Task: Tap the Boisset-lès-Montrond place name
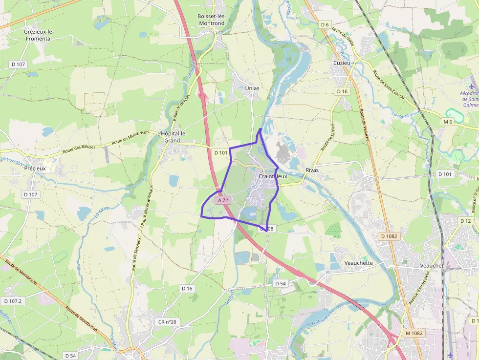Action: point(211,20)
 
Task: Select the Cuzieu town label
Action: point(342,63)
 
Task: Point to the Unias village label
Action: point(252,88)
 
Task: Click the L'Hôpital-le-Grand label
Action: point(172,137)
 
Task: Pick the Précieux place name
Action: point(35,169)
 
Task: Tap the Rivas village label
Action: point(312,170)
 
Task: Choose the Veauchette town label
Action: point(358,263)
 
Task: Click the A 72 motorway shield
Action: point(222,200)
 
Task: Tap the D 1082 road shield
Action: point(390,236)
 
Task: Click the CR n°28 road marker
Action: point(167,322)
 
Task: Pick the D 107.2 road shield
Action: point(12,301)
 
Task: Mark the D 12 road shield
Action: point(465,221)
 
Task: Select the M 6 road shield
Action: point(448,122)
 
